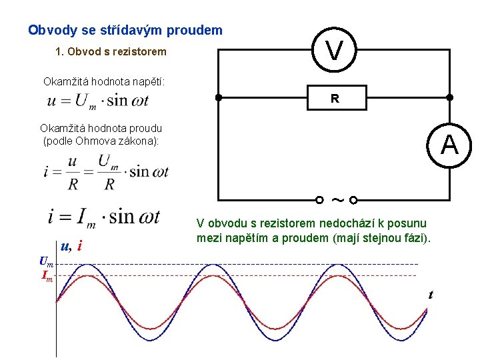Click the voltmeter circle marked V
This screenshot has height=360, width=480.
pos(335,49)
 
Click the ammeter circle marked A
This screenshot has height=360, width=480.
pos(450,144)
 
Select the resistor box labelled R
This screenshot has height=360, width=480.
pos(335,98)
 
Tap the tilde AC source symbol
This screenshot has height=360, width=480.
pos(337,199)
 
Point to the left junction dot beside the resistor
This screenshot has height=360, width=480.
pos(219,97)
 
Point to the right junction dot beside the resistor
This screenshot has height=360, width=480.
pos(450,97)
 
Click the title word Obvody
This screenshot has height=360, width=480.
pos(51,31)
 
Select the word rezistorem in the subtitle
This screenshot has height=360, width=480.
pos(137,51)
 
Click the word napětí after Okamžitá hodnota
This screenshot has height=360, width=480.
pos(149,81)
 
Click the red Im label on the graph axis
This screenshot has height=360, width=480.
pos(47,275)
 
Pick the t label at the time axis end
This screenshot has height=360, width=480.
pos(431,294)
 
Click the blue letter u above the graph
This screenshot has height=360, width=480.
pos(65,245)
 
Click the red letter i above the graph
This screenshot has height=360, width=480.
pos(80,246)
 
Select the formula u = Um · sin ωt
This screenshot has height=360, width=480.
pos(98,101)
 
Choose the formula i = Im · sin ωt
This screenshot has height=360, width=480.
pos(103,216)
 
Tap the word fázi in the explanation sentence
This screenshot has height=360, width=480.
pos(414,238)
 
